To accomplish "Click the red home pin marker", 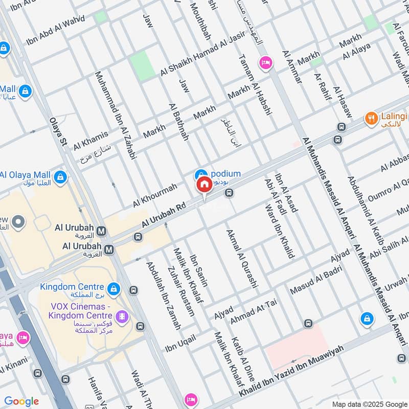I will pyautogui.click(x=204, y=185).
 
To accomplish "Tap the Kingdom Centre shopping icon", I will pyautogui.click(x=113, y=289).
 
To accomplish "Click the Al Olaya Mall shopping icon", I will pyautogui.click(x=61, y=177).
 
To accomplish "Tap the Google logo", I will pyautogui.click(x=21, y=401).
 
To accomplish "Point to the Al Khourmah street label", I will pyautogui.click(x=154, y=195).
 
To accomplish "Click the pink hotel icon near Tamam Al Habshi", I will pyautogui.click(x=266, y=63).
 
